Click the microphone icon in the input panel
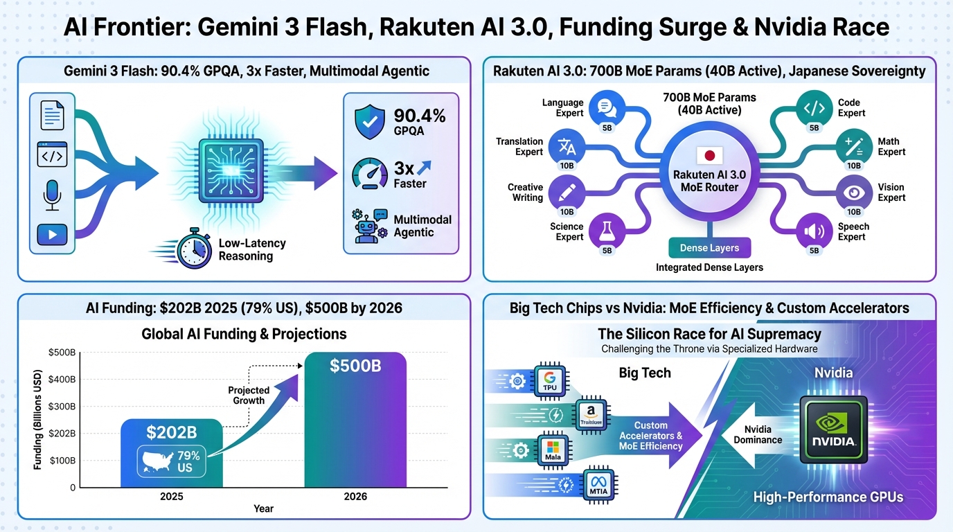click(x=53, y=195)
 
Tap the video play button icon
click(x=53, y=235)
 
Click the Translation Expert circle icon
click(x=567, y=146)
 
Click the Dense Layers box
click(x=709, y=248)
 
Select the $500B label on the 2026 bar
click(x=355, y=366)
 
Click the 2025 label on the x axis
click(x=171, y=496)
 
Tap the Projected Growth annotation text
click(x=248, y=396)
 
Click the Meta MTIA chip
click(x=596, y=484)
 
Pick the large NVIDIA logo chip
click(x=833, y=429)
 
